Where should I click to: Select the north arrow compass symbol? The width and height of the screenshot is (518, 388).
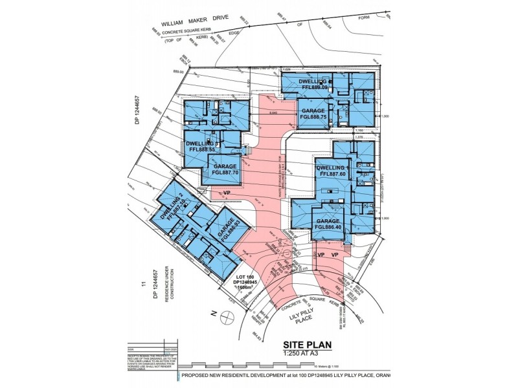[x=227, y=317]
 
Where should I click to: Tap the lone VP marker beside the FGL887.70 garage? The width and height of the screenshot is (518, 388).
[x=227, y=193]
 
